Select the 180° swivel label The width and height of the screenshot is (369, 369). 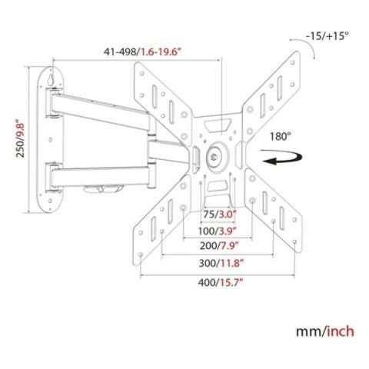[280, 135]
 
